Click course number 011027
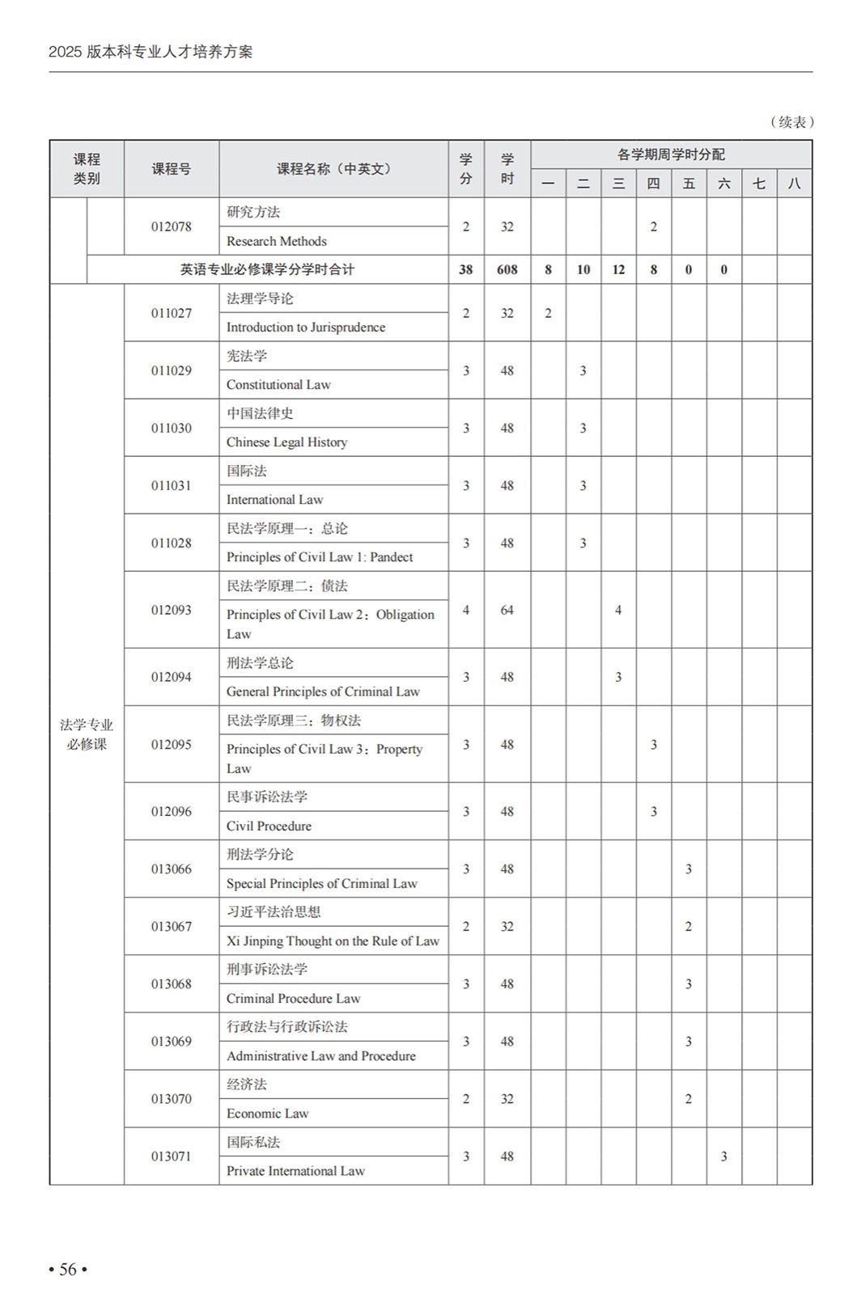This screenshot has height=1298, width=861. (172, 313)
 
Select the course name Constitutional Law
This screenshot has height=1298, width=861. (278, 385)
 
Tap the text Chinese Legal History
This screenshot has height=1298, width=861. (286, 442)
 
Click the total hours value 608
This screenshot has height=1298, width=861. (507, 270)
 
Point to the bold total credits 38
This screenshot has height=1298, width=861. (465, 270)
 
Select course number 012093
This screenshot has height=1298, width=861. (172, 610)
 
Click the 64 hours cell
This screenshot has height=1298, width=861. (507, 610)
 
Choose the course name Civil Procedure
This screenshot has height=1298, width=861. (269, 827)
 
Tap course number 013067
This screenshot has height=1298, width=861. (172, 926)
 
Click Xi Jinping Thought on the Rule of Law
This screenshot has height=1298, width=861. (333, 941)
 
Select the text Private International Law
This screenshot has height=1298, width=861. (295, 1171)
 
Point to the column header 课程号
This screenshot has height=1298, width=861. (172, 169)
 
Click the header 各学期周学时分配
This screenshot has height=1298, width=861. (671, 154)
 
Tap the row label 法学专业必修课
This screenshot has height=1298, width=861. (87, 734)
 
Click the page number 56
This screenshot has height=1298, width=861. (68, 1269)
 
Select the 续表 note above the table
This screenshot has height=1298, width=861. (791, 122)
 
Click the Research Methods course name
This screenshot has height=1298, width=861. (276, 242)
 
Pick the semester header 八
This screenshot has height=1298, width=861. (794, 184)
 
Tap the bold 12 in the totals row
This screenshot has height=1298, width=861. (618, 270)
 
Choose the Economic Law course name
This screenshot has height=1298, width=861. (267, 1114)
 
